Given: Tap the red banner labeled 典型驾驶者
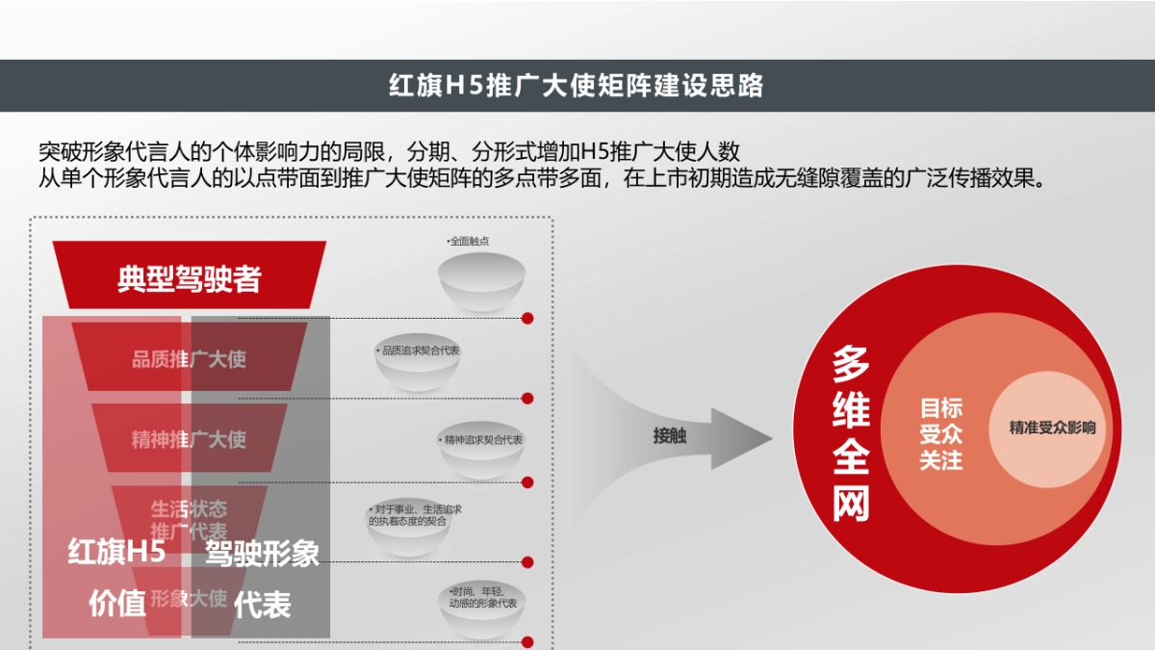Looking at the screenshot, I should pos(190,278).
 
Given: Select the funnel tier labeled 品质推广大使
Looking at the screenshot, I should pos(189,358).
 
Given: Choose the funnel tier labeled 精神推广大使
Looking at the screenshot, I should pos(189,439).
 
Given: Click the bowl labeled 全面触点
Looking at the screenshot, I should pos(482,280).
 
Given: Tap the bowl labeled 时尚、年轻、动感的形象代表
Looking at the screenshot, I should pos(482,612).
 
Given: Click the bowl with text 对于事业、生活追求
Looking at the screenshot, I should pos(409,531).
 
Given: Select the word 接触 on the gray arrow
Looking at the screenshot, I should pos(670,436).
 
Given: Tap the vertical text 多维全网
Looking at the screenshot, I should pos(851,432).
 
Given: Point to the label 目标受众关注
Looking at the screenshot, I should pos(940,433).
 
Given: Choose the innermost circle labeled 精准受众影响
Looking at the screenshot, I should pos(1052,428).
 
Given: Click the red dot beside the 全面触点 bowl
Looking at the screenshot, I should pos(527,318).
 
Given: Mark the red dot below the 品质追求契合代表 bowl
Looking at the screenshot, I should pos(527,398).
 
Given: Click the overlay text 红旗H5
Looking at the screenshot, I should pos(116,553).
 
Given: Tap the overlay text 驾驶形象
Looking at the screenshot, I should pos(262,553).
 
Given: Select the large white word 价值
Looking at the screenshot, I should pos(116,604).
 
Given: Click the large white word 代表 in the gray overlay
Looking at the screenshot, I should pos(262,604).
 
